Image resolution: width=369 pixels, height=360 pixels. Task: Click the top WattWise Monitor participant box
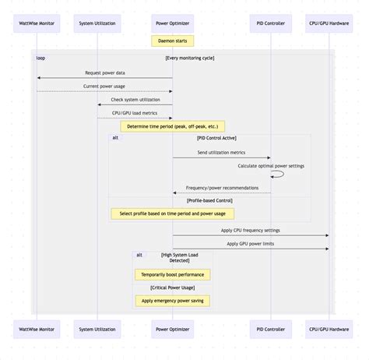(37, 23)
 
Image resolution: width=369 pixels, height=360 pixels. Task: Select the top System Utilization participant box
(97, 23)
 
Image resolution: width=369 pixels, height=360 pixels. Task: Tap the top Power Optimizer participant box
(172, 23)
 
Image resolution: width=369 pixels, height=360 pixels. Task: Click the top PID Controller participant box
(271, 23)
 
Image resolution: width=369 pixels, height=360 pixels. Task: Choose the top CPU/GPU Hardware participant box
(328, 23)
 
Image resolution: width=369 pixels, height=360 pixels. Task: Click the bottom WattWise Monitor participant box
(37, 329)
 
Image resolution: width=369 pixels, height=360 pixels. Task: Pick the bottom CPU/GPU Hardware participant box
(328, 329)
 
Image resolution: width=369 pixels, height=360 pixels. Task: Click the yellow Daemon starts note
(172, 41)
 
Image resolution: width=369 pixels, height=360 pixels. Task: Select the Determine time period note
(173, 125)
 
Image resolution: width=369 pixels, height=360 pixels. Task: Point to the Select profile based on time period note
(173, 213)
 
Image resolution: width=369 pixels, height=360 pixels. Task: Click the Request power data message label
(105, 72)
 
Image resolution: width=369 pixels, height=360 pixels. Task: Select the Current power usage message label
(105, 86)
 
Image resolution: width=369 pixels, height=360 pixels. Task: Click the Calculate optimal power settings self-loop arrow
(279, 175)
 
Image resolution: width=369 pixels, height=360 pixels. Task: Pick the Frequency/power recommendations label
(222, 188)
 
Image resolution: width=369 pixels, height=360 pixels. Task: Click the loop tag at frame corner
(40, 58)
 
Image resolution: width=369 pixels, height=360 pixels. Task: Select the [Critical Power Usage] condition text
(172, 288)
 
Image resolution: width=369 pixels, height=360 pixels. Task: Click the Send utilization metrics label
(222, 153)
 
